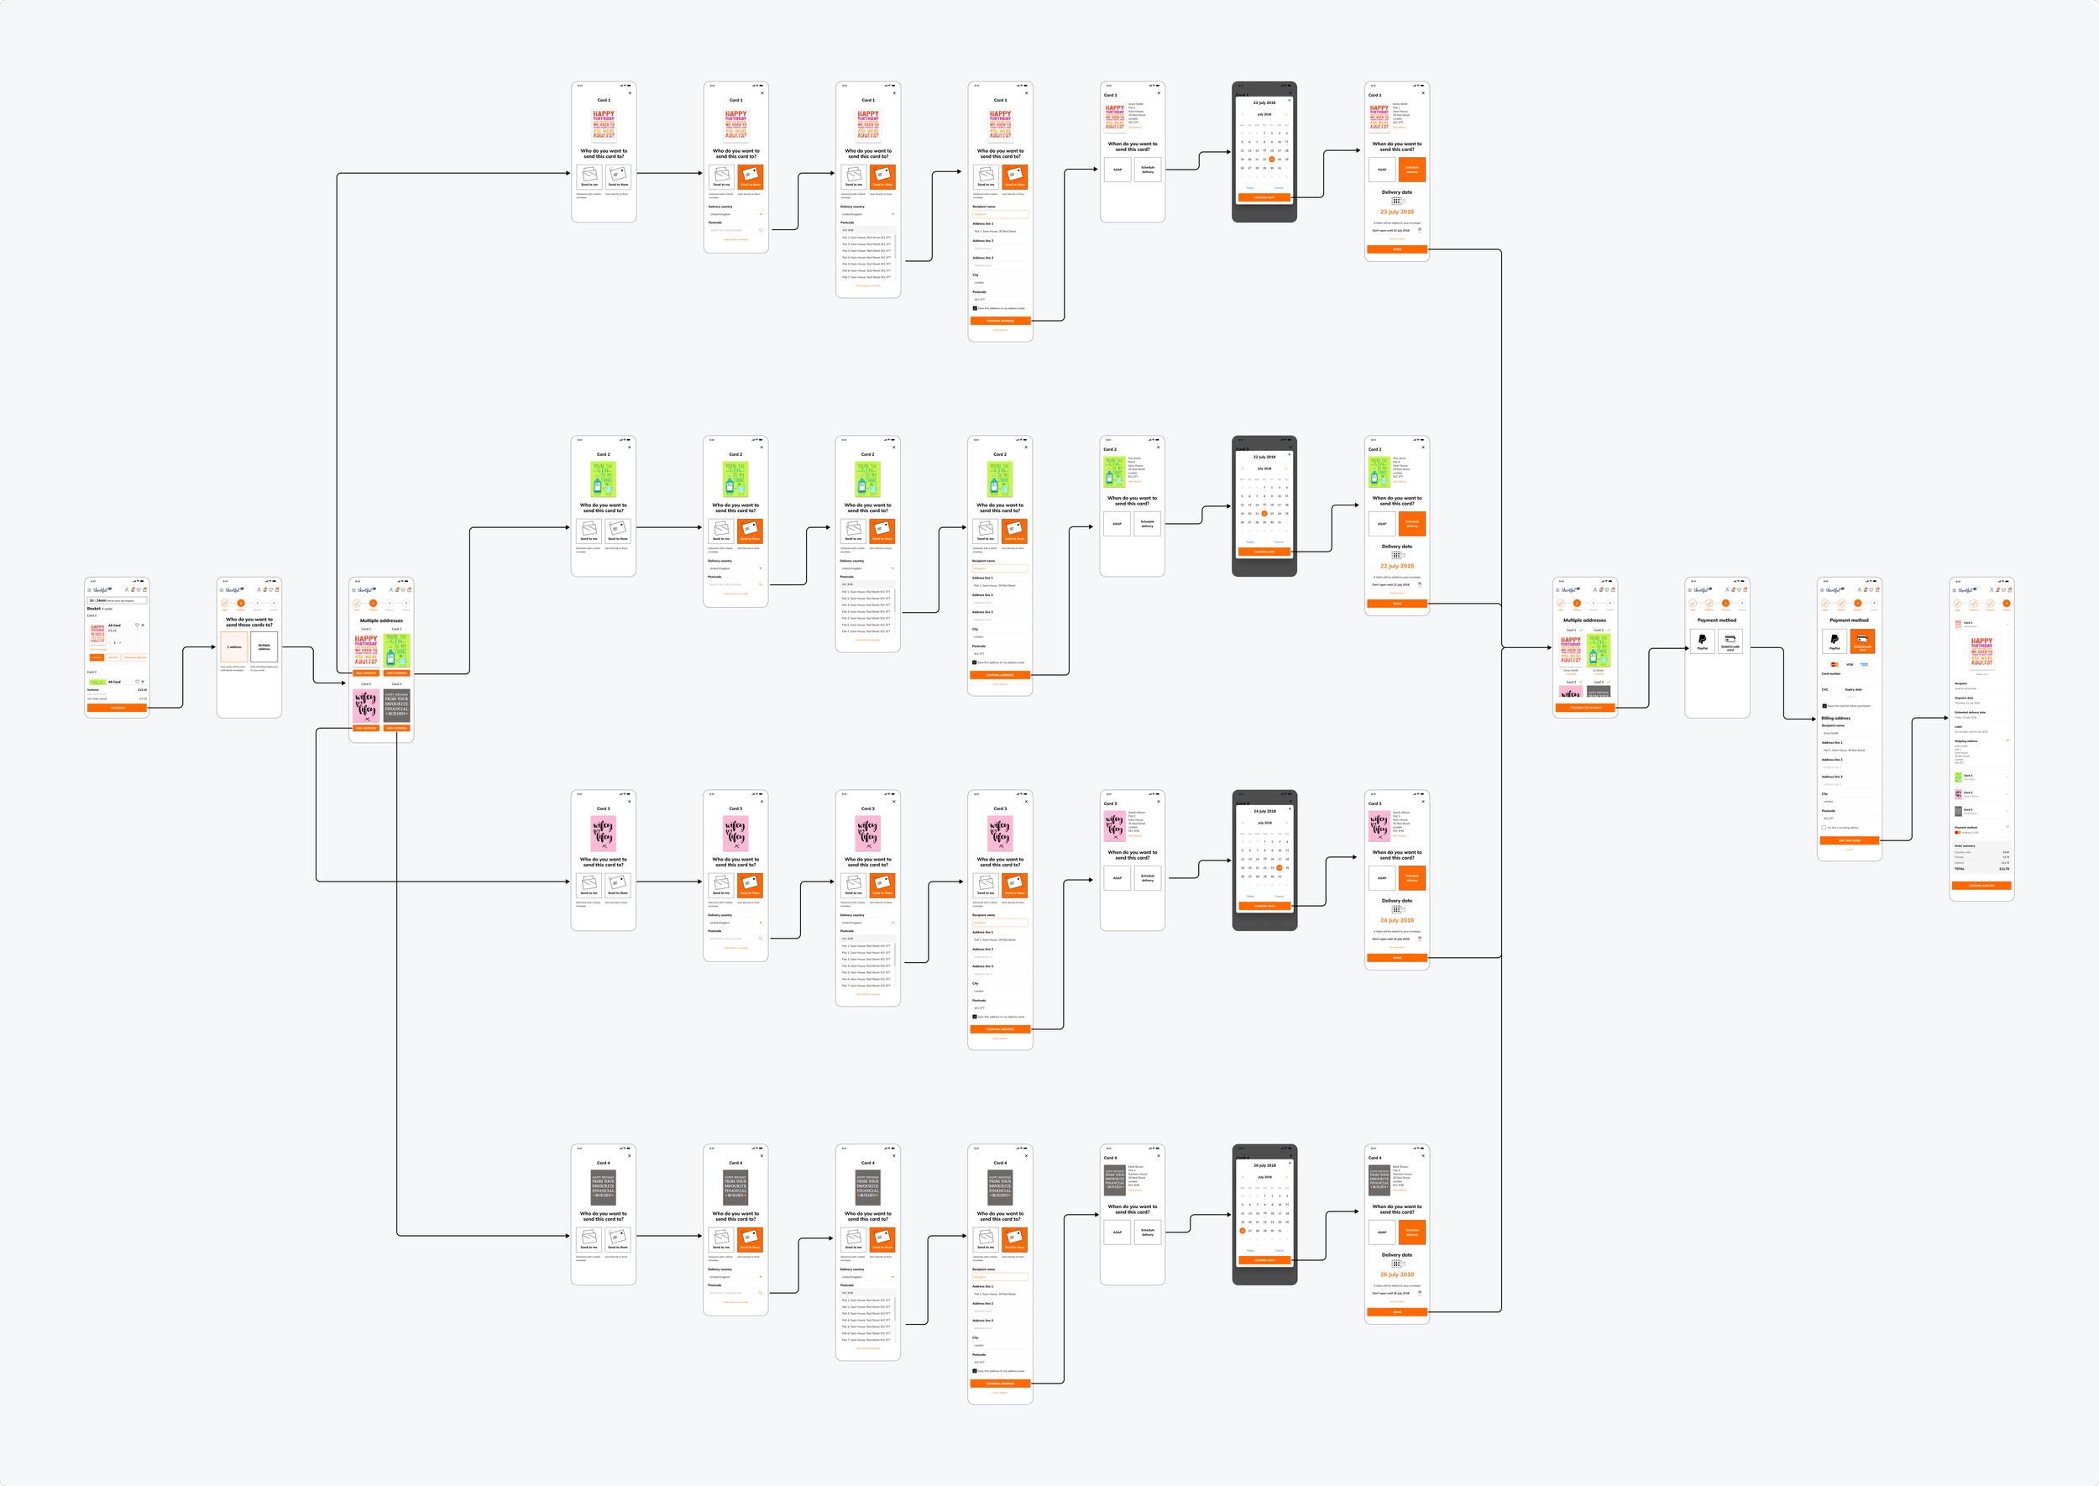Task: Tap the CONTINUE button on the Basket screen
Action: tap(117, 707)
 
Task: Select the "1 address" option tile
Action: tap(234, 647)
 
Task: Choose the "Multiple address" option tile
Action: tap(264, 647)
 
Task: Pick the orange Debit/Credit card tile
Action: tap(1862, 641)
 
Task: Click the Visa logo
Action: tap(1849, 664)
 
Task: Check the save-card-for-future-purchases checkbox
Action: tap(1824, 705)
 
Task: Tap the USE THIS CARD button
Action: tap(1849, 840)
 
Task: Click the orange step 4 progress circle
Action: tap(2007, 603)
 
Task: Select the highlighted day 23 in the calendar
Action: tap(1272, 160)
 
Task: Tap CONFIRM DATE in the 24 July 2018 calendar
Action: tap(1264, 906)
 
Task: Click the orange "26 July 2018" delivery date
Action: tap(1396, 1274)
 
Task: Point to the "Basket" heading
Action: tap(93, 609)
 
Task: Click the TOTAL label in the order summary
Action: tap(1959, 868)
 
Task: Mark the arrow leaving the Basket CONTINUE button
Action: tap(183, 678)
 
